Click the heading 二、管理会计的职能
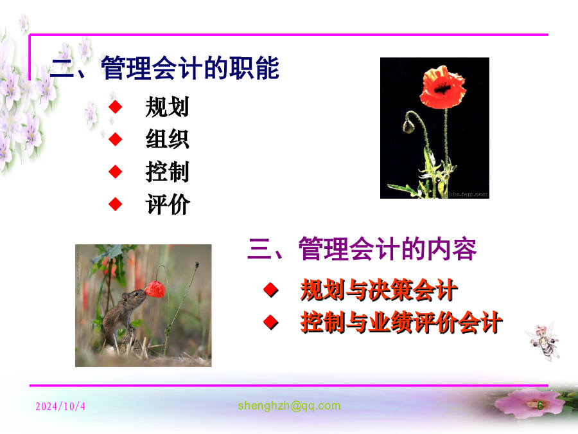click(x=164, y=68)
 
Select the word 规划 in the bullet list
click(x=168, y=107)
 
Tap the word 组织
click(x=168, y=139)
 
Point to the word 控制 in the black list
click(x=168, y=172)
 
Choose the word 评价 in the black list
click(x=168, y=204)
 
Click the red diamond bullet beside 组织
click(x=116, y=139)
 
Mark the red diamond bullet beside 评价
click(x=116, y=204)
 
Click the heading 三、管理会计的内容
click(x=362, y=249)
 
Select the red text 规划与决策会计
click(x=379, y=290)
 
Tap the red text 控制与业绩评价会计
click(x=401, y=322)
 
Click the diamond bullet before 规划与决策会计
click(x=271, y=290)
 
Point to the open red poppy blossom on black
click(x=442, y=87)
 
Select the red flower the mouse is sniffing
click(x=155, y=289)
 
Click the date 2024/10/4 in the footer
click(x=60, y=406)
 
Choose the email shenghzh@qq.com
click(x=289, y=406)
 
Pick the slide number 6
click(x=539, y=406)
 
